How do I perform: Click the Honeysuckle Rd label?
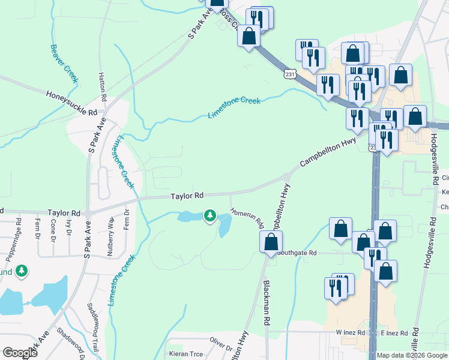[x=71, y=103]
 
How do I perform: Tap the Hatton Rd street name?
[x=103, y=86]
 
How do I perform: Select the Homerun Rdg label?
[x=246, y=218]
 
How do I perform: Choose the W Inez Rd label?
[x=351, y=332]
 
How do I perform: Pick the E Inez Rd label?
[x=394, y=332]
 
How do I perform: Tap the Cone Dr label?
[x=53, y=229]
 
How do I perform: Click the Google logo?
[x=20, y=353]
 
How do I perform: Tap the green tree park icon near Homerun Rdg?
[x=209, y=214]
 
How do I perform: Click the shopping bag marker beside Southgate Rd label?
[x=271, y=242]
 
